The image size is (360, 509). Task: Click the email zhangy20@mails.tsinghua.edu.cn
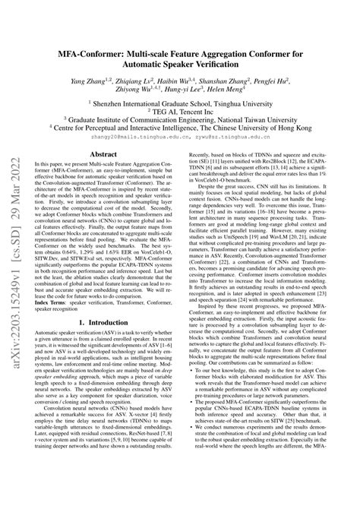pyautogui.click(x=147, y=138)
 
